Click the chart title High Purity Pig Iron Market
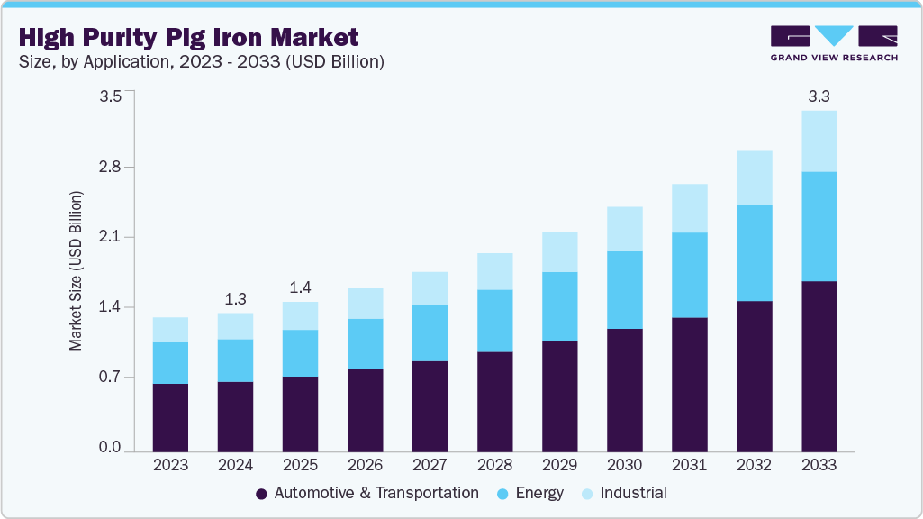click(188, 37)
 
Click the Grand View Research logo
click(834, 43)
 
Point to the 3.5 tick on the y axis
click(110, 97)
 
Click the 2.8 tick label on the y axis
click(110, 168)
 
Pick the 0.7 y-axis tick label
click(110, 378)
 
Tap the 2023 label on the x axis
click(170, 465)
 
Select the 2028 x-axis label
click(494, 465)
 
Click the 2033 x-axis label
click(819, 465)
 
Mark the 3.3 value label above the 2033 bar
click(819, 96)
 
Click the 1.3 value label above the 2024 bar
click(235, 298)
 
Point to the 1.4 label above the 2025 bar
click(300, 287)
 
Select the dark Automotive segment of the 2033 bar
click(819, 366)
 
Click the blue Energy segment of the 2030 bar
click(624, 290)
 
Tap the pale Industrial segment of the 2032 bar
click(754, 178)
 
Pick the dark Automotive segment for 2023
click(170, 417)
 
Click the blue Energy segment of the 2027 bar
click(430, 333)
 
